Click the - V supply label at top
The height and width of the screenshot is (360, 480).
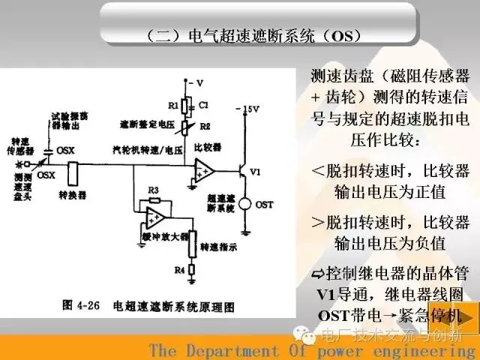tap(195, 82)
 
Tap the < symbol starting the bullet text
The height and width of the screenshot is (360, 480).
tap(317, 170)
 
